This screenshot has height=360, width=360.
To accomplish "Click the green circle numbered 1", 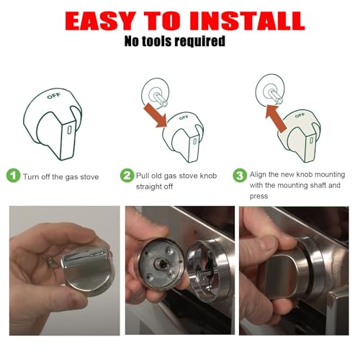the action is pyautogui.click(x=13, y=176).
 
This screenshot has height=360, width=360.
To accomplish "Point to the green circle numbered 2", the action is pyautogui.click(x=127, y=176).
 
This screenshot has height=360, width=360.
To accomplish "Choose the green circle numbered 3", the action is pyautogui.click(x=240, y=176).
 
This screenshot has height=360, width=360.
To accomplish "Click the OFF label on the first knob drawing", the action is pyautogui.click(x=54, y=96).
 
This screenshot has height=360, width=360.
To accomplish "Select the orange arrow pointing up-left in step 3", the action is pyautogui.click(x=276, y=118).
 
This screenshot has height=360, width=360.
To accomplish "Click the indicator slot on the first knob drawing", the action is pyautogui.click(x=69, y=130).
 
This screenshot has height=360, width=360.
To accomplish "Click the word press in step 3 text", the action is pyautogui.click(x=258, y=197).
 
